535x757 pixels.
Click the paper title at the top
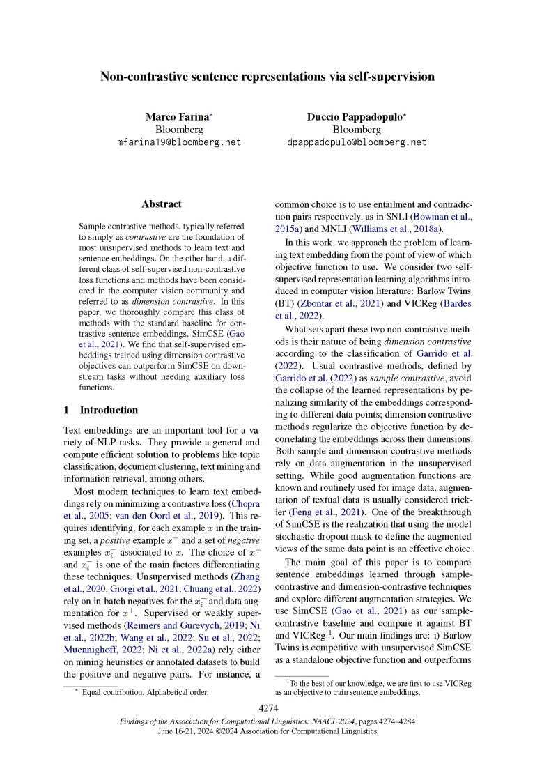click(267, 77)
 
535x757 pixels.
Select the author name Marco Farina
click(176, 116)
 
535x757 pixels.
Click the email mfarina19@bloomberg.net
click(178, 142)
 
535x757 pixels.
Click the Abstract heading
click(161, 204)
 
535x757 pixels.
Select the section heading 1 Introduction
click(100, 410)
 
